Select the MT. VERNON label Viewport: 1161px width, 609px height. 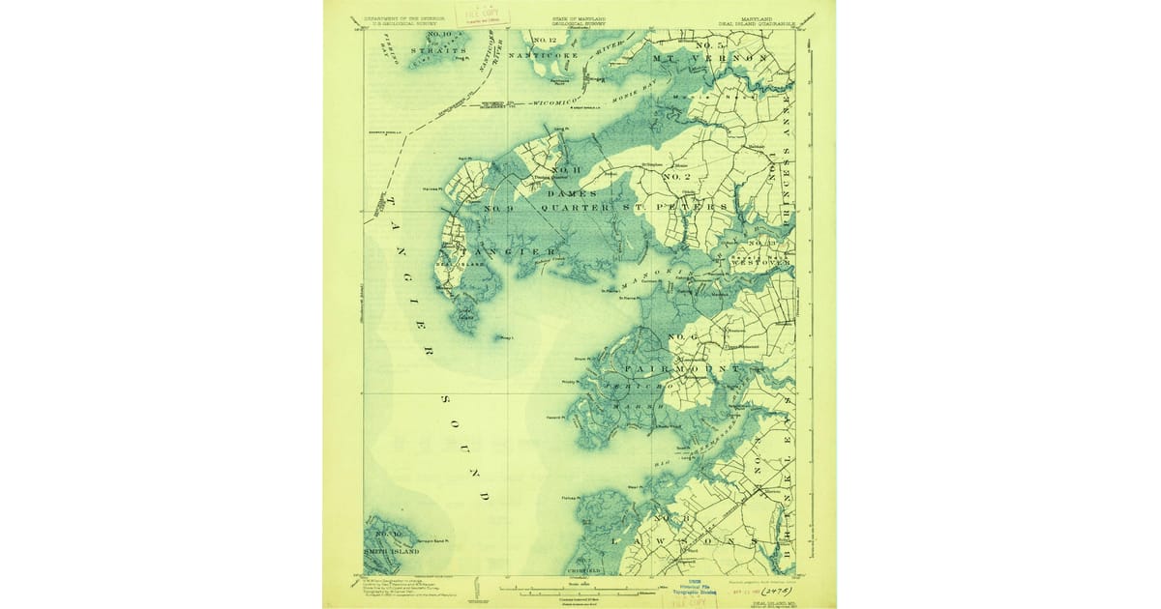pos(712,59)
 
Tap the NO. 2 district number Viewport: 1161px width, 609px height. pos(674,177)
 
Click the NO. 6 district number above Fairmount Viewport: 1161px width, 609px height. pos(683,336)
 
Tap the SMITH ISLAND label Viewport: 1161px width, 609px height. pos(392,551)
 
